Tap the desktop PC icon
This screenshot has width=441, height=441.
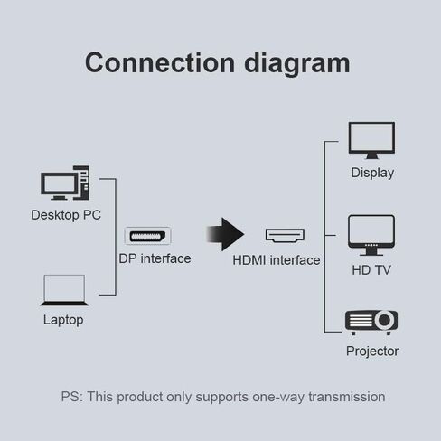[65, 183]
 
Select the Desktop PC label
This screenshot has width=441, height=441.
[66, 215]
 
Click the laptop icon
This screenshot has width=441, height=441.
[63, 291]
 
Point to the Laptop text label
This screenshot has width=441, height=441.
[63, 320]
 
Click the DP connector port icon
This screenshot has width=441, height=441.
[155, 236]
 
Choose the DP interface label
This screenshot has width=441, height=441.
[155, 258]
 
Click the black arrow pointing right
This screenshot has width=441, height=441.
[225, 235]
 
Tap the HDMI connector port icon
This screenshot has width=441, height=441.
[285, 236]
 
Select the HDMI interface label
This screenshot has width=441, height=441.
[277, 260]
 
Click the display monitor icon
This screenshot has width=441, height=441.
[371, 141]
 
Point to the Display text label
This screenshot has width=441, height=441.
[372, 173]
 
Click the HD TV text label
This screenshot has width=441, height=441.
[372, 270]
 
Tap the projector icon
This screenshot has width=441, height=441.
[371, 322]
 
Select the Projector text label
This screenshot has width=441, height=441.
[372, 351]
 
